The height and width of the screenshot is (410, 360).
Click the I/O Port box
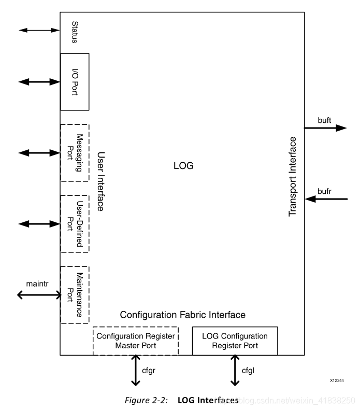(75, 81)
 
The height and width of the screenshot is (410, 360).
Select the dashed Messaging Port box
(75, 152)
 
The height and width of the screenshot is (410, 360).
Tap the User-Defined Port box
(75, 223)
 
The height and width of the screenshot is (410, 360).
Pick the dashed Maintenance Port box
(75, 294)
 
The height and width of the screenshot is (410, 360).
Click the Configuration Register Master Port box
(135, 341)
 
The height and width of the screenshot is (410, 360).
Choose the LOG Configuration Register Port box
(235, 341)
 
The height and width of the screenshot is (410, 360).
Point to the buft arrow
(325, 128)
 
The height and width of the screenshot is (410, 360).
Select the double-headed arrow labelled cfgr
(136, 370)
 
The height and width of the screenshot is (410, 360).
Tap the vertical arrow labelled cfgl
(235, 370)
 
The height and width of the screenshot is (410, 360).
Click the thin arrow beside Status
(39, 31)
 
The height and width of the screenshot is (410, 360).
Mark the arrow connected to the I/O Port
(39, 82)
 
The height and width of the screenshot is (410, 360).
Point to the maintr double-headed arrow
(39, 295)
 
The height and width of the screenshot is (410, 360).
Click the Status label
(75, 32)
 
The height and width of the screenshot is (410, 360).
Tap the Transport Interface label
(293, 176)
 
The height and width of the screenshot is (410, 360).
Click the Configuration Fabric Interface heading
(182, 315)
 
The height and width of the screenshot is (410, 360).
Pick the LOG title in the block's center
(183, 166)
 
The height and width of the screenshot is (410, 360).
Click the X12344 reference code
(336, 380)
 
